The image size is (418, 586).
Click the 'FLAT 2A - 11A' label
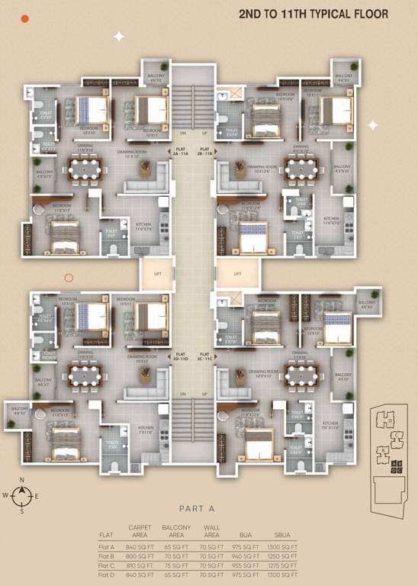tap(181, 151)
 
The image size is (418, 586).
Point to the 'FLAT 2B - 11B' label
tap(204, 151)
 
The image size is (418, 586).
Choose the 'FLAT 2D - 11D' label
tap(181, 355)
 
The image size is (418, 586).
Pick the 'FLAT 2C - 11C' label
tap(204, 355)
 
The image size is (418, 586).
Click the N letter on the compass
tap(22, 480)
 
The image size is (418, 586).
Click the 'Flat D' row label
tap(106, 575)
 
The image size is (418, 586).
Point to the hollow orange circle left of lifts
tap(69, 279)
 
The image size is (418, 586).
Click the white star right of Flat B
tap(372, 124)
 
